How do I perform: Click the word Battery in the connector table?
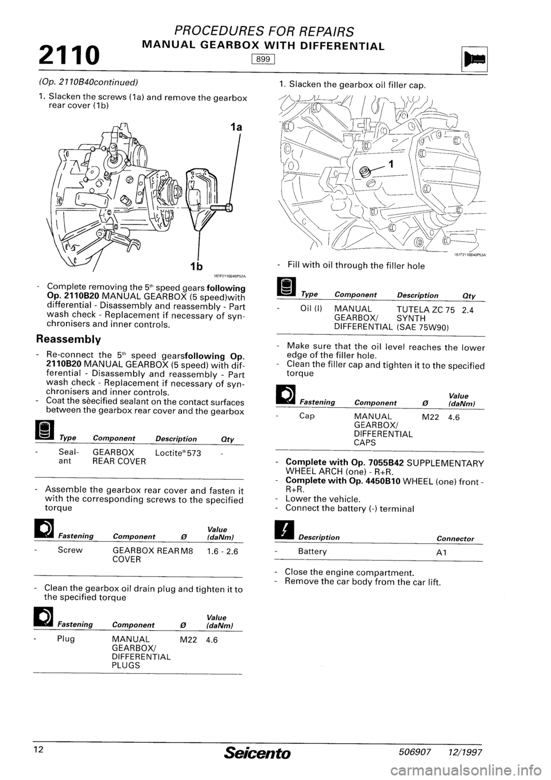312,551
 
